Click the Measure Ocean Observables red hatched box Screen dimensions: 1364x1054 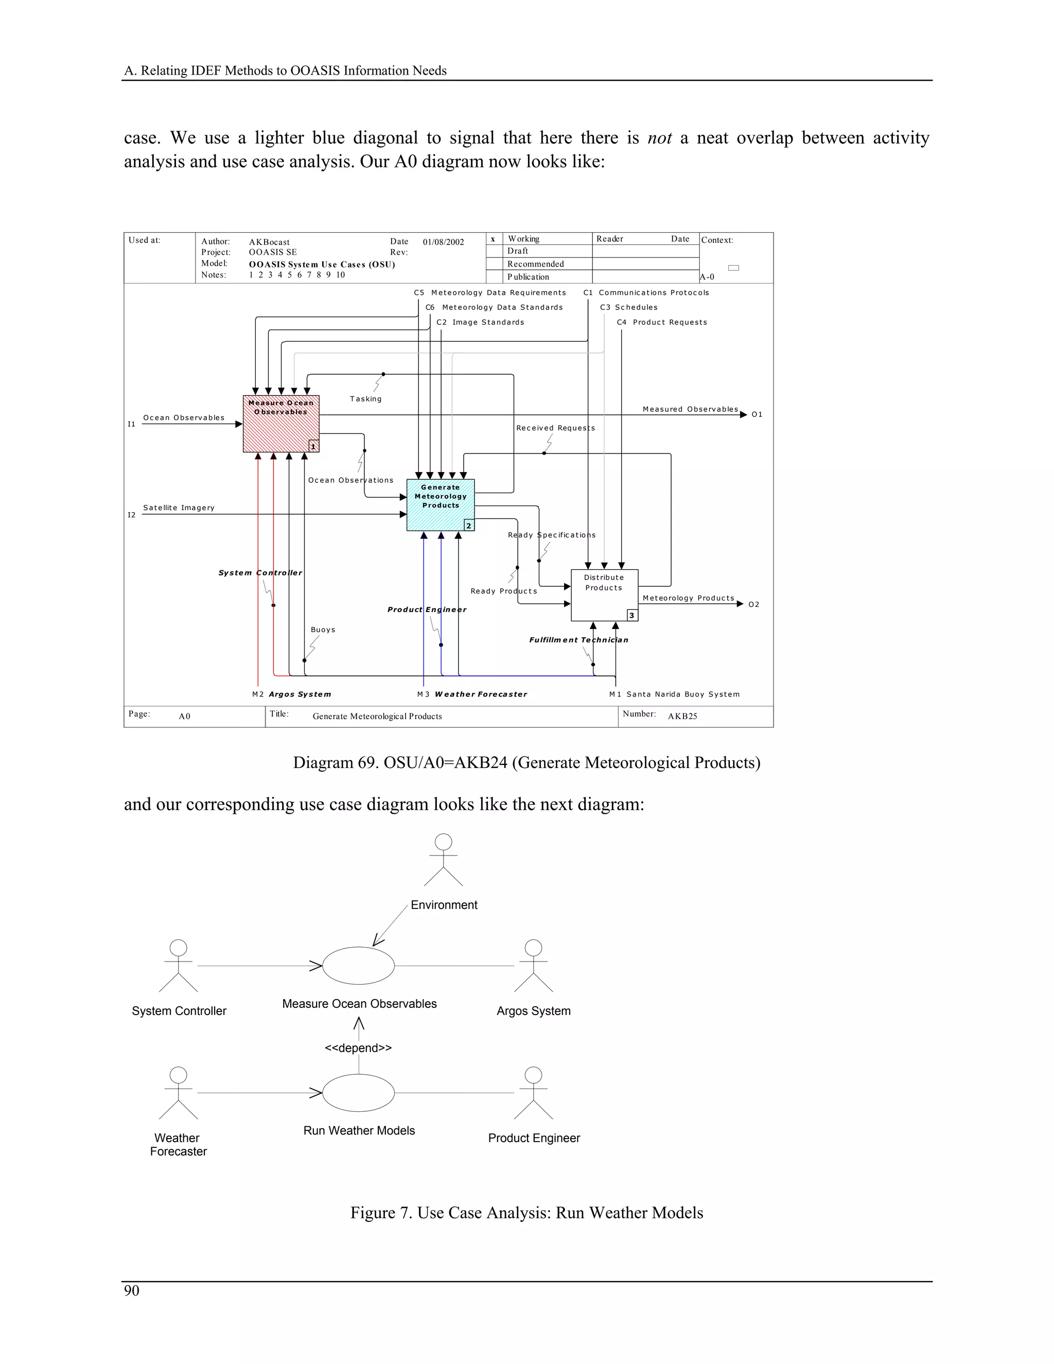click(x=281, y=424)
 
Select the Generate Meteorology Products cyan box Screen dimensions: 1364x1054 click(x=440, y=504)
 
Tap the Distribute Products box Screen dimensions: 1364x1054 click(x=604, y=594)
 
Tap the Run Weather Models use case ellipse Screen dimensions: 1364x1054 click(x=358, y=1093)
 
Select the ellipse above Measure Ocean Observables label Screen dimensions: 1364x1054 click(x=358, y=966)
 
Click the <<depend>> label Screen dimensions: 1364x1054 click(x=358, y=1048)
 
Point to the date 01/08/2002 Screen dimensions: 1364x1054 click(x=443, y=242)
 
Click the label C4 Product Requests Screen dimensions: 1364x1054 click(x=662, y=322)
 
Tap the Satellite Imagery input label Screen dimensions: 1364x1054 click(x=179, y=508)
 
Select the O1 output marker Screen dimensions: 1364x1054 click(x=757, y=415)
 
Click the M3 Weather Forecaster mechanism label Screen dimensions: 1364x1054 click(x=472, y=694)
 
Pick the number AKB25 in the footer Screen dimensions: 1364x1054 click(x=682, y=716)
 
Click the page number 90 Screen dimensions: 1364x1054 click(x=132, y=1291)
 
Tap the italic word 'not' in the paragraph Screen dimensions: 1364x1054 click(x=659, y=138)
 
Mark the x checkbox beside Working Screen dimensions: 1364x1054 click(x=493, y=239)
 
